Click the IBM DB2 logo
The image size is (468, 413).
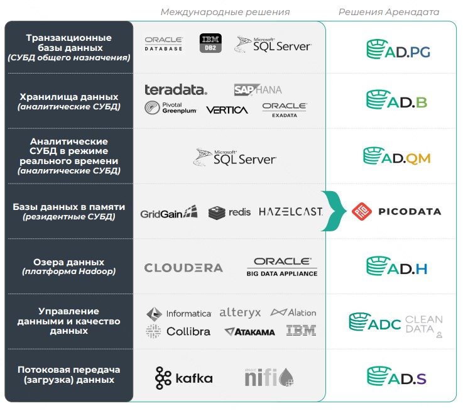coord(210,43)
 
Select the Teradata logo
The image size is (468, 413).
coord(176,90)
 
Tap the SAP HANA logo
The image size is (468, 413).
coord(258,90)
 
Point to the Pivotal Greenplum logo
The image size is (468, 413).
coord(170,107)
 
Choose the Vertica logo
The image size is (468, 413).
coord(227,110)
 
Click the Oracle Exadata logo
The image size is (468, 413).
coord(285,110)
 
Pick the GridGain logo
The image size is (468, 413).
coord(168,212)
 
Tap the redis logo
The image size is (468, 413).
coord(229,212)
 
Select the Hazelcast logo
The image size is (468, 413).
coord(291,212)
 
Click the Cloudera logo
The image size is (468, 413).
coord(183,268)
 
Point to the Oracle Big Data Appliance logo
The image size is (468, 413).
coord(282,267)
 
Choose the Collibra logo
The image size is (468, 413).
coord(178,331)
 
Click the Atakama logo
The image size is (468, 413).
coord(249,332)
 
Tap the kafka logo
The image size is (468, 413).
coord(184,378)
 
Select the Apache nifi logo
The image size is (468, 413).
coord(269,377)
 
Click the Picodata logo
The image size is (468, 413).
coord(396,211)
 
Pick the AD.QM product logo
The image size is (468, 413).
coord(397,156)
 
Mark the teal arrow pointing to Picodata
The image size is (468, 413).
coord(334,211)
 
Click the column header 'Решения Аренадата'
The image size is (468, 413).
coord(389,12)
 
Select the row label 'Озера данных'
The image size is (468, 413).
coord(68,262)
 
